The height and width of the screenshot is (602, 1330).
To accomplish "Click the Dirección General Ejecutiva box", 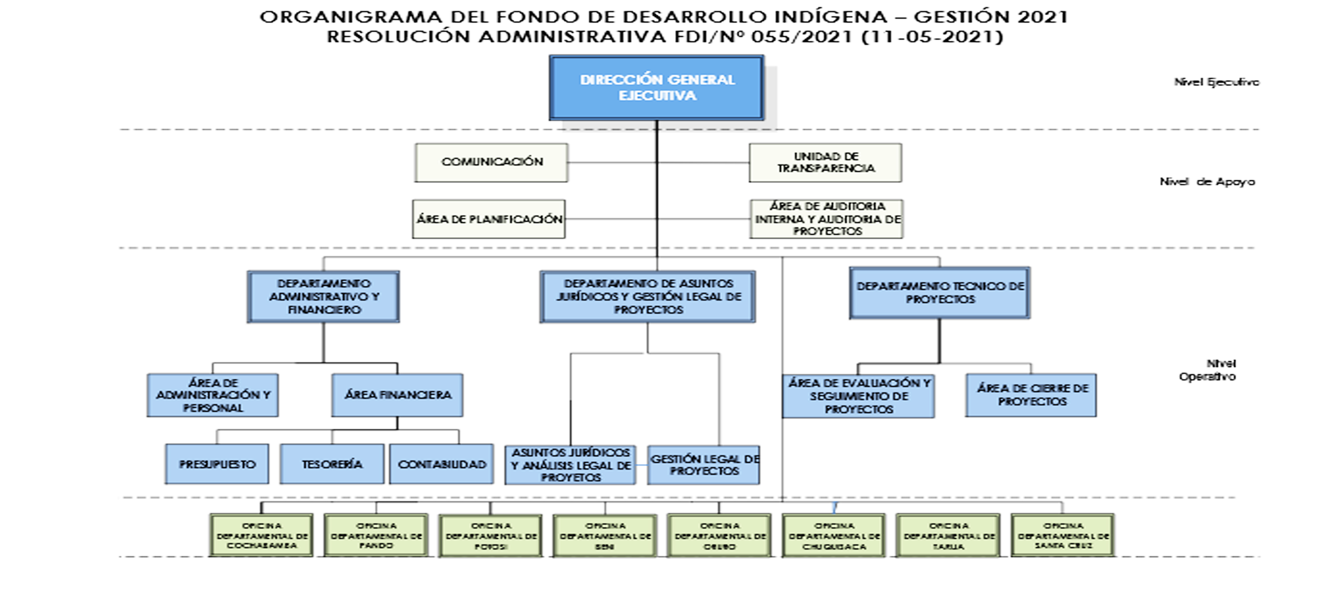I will pyautogui.click(x=656, y=88).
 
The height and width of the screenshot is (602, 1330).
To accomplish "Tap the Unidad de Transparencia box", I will pyautogui.click(x=826, y=162).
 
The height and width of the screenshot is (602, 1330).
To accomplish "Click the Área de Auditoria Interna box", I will pyautogui.click(x=827, y=219).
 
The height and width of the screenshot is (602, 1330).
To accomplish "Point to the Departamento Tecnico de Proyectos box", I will pyautogui.click(x=940, y=293).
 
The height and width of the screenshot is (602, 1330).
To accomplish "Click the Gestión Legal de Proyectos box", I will pyautogui.click(x=704, y=465).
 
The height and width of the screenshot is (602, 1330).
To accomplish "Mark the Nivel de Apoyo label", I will pyautogui.click(x=1207, y=182).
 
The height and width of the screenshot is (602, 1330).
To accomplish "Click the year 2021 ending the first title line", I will pyautogui.click(x=1043, y=17).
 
